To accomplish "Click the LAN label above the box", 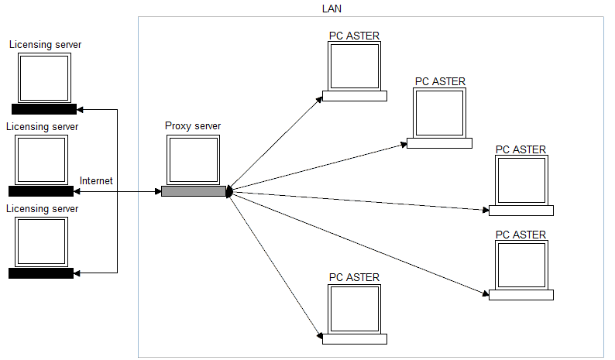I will (x=332, y=9).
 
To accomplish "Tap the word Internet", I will (x=96, y=180).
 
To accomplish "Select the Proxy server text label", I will (x=193, y=125).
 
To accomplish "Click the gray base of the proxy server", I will (x=193, y=191).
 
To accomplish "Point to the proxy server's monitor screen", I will (x=193, y=159).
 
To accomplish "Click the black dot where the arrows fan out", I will (x=228, y=191).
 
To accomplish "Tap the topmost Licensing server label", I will (x=45, y=45).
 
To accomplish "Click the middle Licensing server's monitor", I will (x=41, y=159).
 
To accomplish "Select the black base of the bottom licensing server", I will (x=41, y=273).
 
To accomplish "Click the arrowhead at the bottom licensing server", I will (x=78, y=273).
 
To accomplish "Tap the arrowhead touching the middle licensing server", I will (x=78, y=191).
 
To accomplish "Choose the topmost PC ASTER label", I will (x=354, y=35).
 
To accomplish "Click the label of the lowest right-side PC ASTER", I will (x=521, y=235).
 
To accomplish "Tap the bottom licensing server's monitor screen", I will (x=41, y=242).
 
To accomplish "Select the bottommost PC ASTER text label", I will (x=354, y=277).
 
